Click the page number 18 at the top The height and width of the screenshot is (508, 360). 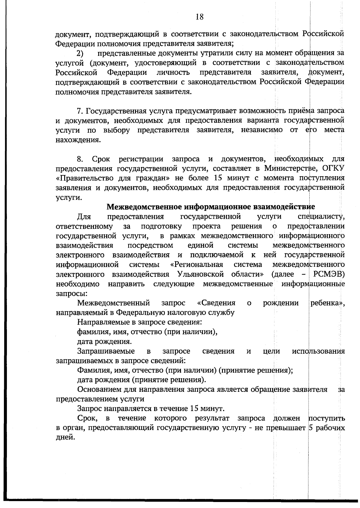click(x=199, y=17)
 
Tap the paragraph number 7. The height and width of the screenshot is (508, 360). click(x=80, y=111)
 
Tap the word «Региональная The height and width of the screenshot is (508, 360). click(x=196, y=265)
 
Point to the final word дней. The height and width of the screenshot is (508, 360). click(x=65, y=437)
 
